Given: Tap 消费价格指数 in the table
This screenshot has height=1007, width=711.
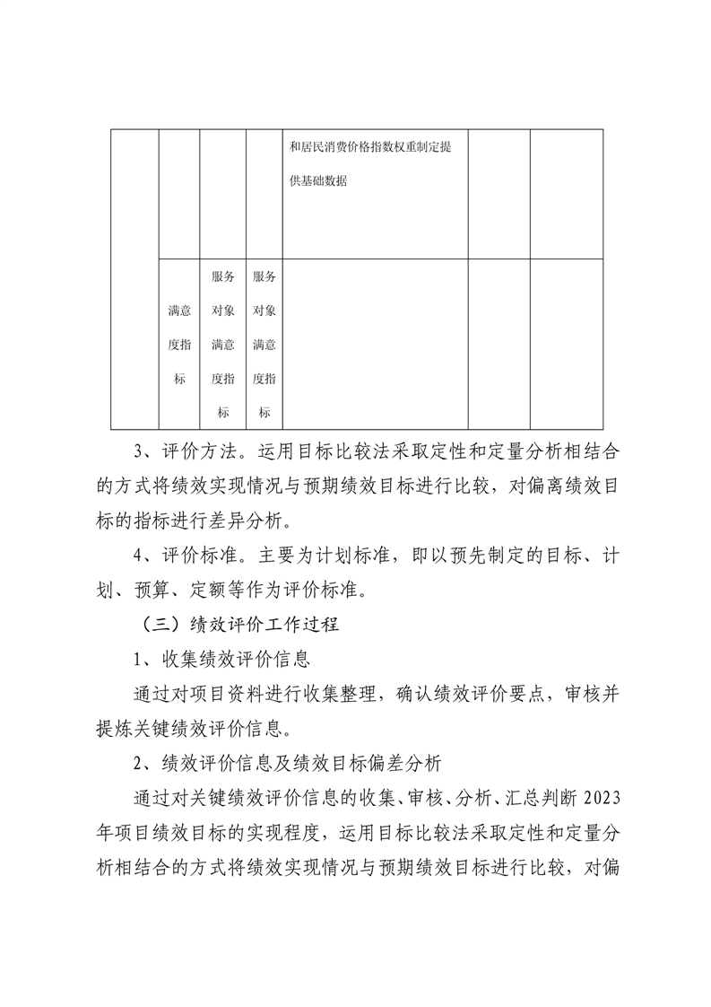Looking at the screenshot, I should tap(360, 147).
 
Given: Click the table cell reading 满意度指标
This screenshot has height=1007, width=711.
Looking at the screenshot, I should tap(179, 345).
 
